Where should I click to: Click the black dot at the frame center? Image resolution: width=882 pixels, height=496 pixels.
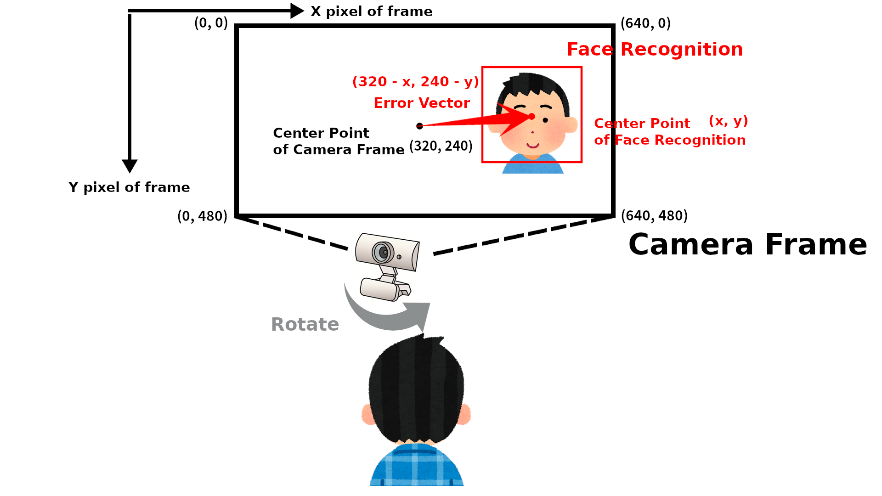point(419,126)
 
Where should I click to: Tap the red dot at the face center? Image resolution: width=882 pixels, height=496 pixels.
point(531,116)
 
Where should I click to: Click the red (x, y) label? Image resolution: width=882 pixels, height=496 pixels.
point(729,121)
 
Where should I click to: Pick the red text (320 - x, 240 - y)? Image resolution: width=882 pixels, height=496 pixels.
point(416,82)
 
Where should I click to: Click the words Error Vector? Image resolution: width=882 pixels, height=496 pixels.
point(422,103)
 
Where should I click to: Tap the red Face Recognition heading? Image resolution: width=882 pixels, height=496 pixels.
point(655,49)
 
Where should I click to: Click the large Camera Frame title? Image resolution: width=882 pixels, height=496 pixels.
point(747,244)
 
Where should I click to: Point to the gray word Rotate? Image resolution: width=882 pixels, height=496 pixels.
point(305,324)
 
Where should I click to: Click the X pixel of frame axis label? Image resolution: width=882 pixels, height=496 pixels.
point(372,11)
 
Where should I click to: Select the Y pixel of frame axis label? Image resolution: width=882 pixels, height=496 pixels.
point(129,187)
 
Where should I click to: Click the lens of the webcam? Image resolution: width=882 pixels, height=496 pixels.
point(382,252)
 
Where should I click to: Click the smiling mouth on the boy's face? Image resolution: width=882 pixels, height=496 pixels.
point(533,146)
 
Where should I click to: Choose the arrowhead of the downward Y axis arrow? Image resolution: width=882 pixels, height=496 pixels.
point(130,166)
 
